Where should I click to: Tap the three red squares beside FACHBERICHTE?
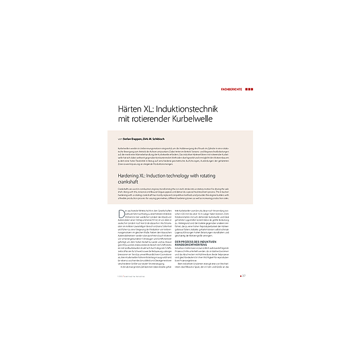249,89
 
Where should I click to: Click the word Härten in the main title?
131,110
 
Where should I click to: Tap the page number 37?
244,275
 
